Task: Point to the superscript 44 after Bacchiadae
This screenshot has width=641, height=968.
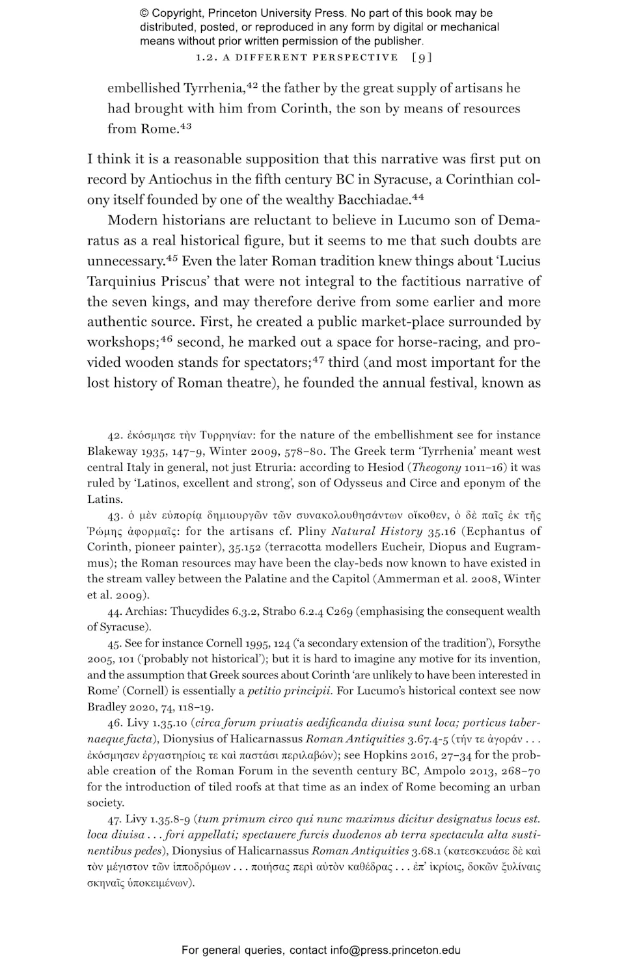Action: [x=417, y=196]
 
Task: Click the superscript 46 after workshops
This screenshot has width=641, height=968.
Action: [x=166, y=338]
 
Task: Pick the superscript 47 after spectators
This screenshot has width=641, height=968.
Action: [x=318, y=358]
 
